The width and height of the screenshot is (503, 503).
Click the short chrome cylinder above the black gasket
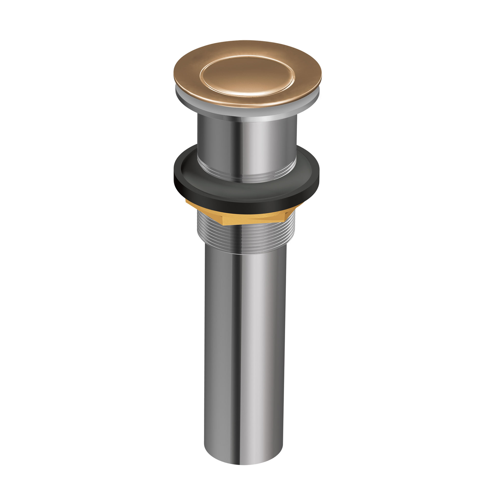pos(247,146)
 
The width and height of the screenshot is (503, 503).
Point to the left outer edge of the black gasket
pos(175,174)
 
